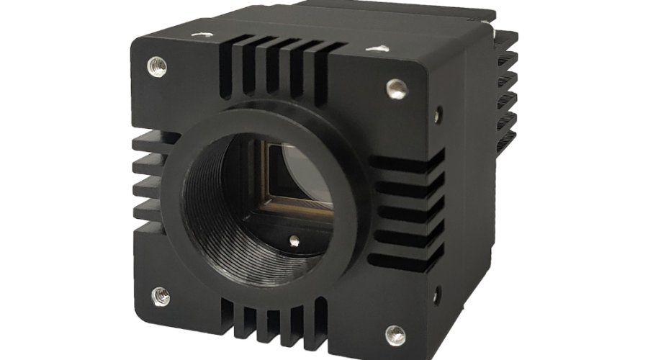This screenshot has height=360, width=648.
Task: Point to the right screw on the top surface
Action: coord(374,48)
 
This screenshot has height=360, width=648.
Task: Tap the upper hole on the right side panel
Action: coord(439,113)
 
